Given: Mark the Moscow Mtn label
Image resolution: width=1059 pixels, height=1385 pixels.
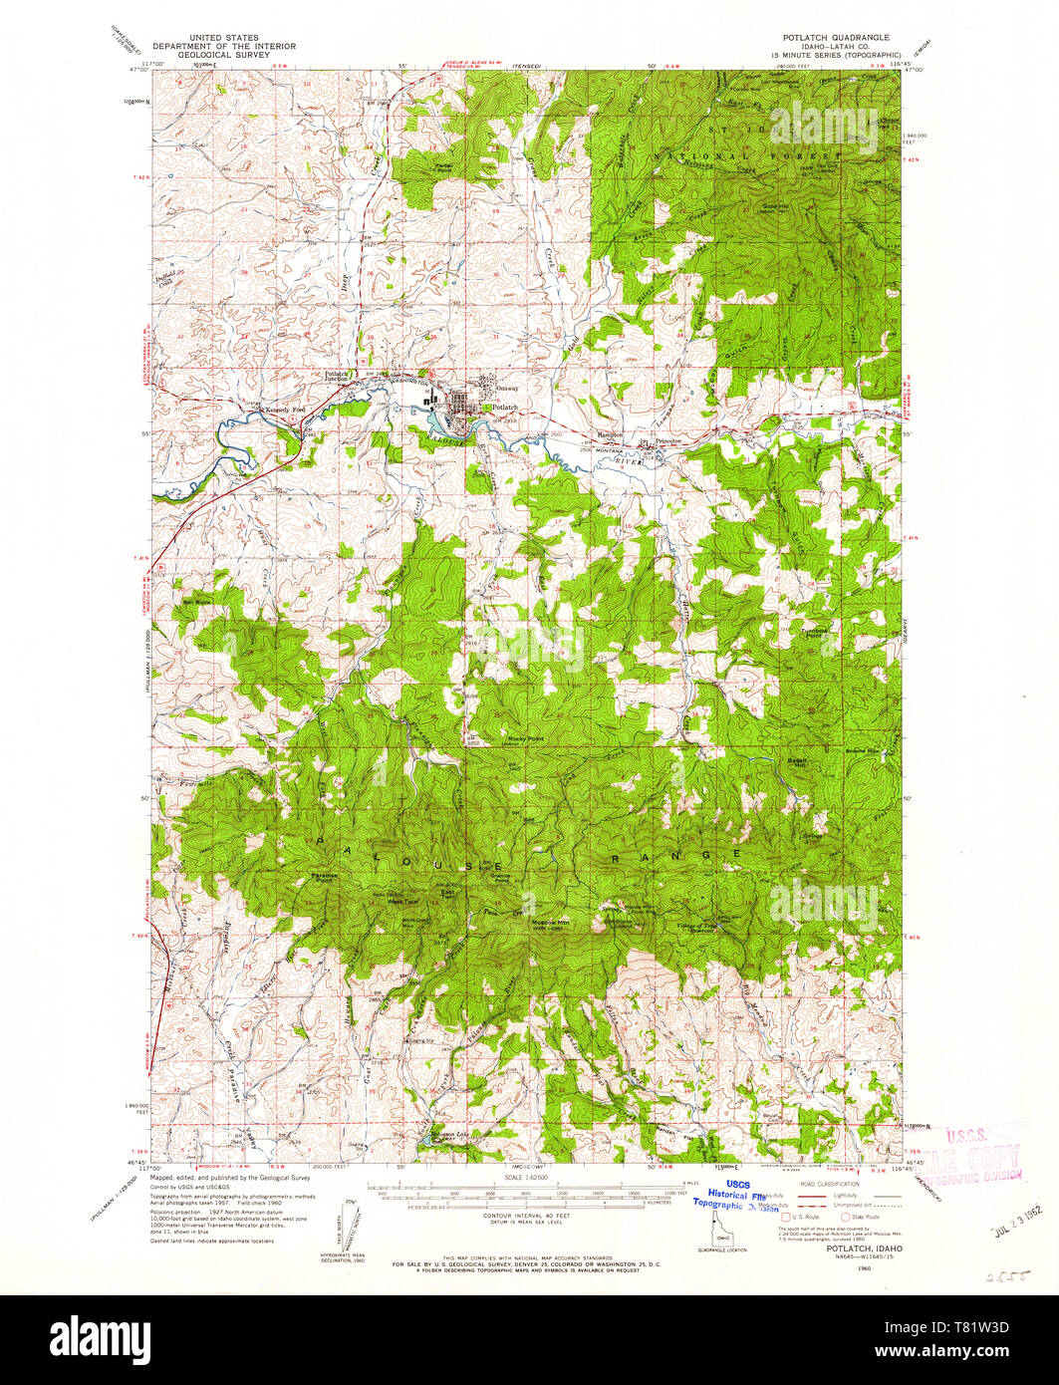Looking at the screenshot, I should pyautogui.click(x=549, y=923).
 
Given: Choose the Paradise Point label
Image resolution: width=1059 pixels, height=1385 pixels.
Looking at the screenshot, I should pyautogui.click(x=325, y=878).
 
